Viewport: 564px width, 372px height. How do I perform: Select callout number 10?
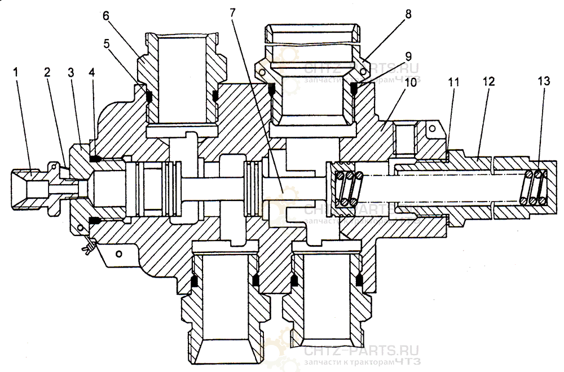point(410,82)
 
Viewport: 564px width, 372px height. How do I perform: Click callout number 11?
point(454,82)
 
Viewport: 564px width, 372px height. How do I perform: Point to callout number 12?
point(488,82)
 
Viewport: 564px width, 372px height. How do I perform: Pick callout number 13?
point(544,82)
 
